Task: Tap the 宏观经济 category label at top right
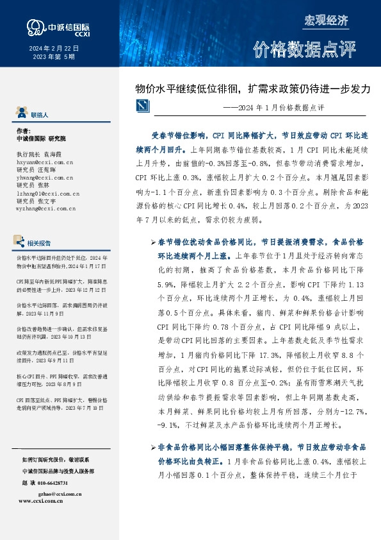(326, 20)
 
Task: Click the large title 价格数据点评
(304, 49)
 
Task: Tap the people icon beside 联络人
(21, 113)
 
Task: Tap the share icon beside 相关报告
(20, 242)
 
